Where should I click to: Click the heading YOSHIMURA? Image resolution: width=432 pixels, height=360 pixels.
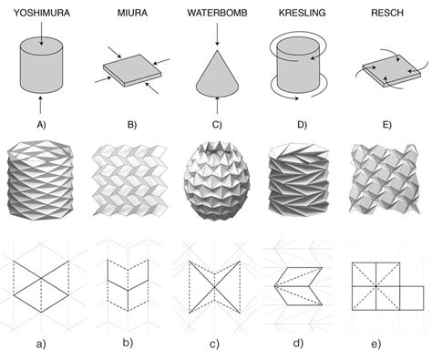coord(41,13)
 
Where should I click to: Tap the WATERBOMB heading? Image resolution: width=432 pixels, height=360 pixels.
coord(216,13)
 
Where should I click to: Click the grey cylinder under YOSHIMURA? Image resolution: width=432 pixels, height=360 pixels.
coord(42,64)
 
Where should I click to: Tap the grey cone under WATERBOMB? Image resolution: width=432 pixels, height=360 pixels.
coord(216,73)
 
